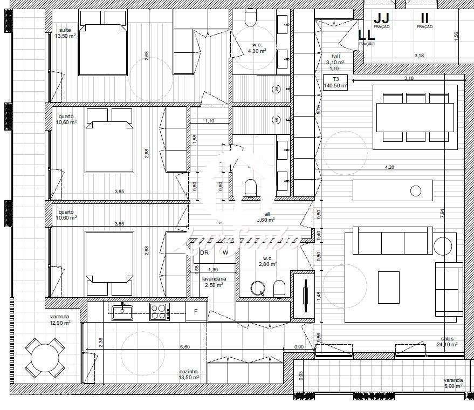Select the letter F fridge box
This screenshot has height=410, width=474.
tap(196, 311)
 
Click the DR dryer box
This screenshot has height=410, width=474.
tap(204, 252)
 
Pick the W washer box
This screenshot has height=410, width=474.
tap(225, 252)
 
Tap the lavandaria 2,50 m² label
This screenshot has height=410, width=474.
tap(214, 282)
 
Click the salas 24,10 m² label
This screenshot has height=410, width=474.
tap(448, 341)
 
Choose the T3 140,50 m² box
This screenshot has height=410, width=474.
tap(335, 82)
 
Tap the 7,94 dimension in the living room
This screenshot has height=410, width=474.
tap(442, 213)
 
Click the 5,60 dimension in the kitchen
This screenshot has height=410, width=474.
tap(185, 347)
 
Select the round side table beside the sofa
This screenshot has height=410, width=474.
tap(445, 244)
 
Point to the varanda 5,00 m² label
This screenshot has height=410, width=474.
tap(453, 383)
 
